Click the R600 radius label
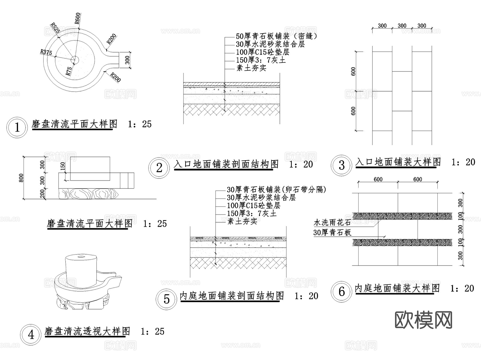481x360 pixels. coord(77,18)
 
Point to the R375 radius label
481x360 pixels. coord(46,52)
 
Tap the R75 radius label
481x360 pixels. coord(69,71)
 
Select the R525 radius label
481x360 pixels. coord(55,28)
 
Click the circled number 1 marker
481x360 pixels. coord(17,127)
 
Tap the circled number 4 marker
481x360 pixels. coord(31,335)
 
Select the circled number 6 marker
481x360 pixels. coord(342,292)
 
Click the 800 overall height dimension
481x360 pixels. coord(21,178)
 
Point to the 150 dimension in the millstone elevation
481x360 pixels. coord(63,166)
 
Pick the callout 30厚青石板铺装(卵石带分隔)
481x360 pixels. coord(276,190)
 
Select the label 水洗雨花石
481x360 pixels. coord(332,222)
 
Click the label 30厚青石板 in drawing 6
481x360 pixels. coord(332,233)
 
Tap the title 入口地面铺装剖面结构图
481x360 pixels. coord(226,164)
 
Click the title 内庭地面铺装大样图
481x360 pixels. coord(397,288)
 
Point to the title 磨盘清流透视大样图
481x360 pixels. coord(87,331)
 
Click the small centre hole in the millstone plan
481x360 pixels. coord(75,60)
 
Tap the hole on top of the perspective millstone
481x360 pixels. coord(81,257)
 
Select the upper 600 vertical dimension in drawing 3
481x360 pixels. coord(353,71)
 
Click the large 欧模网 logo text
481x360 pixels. coord(423,320)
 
